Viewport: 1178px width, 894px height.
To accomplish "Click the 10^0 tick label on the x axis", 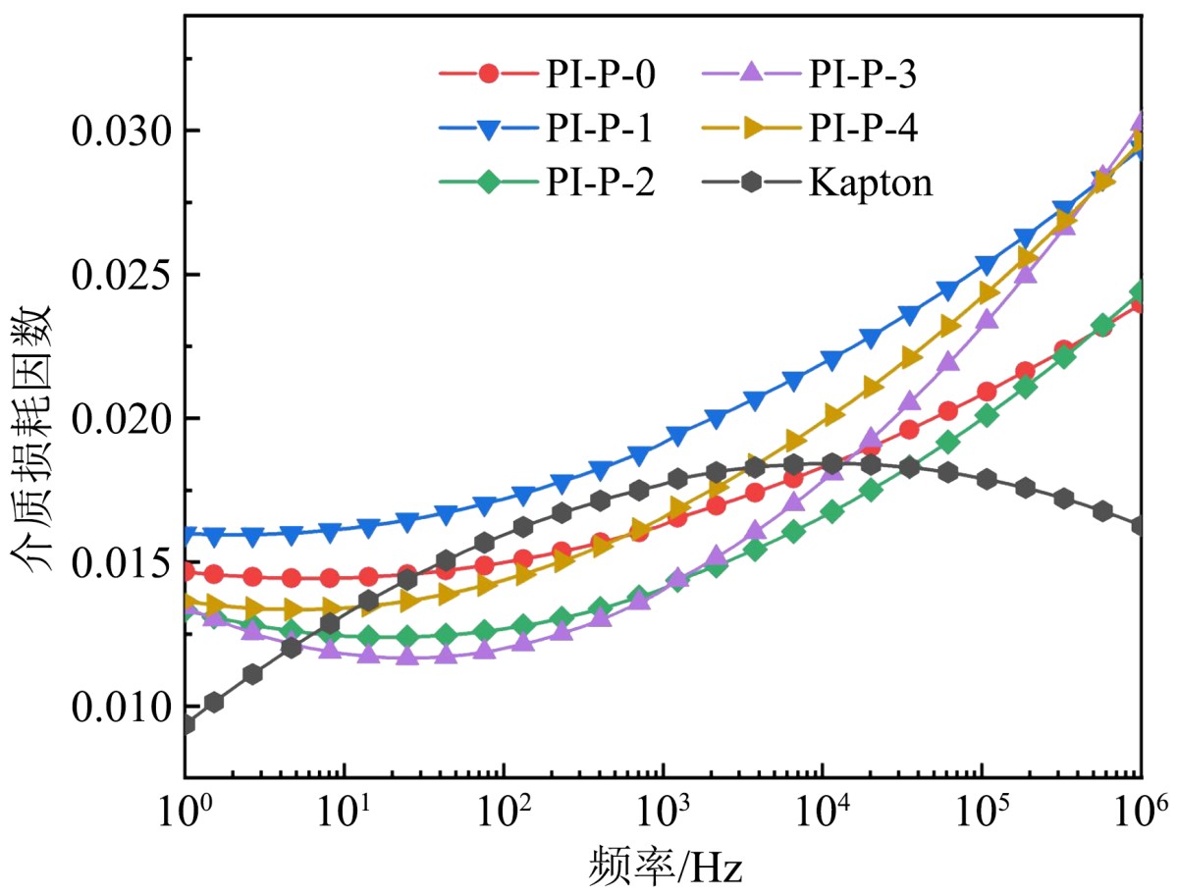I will tap(186, 807).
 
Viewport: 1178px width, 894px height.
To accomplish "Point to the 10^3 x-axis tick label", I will tap(664, 807).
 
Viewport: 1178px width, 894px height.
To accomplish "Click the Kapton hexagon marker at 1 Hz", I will tap(187, 725).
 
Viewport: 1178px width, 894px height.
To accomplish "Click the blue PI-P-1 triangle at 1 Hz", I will tap(187, 536).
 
